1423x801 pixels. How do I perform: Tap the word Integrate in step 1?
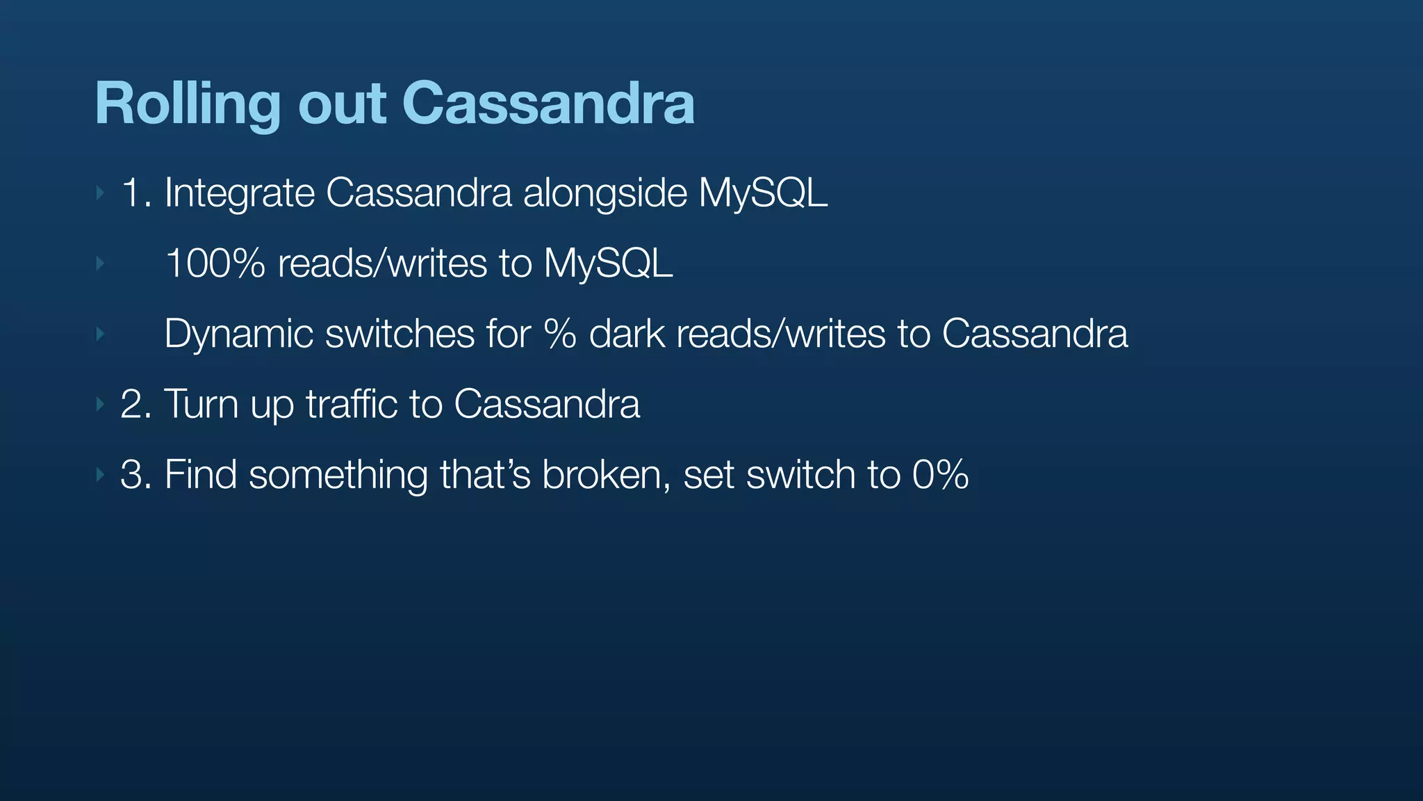tap(239, 193)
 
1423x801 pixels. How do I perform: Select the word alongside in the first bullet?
tap(604, 193)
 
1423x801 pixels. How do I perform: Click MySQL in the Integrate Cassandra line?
tap(763, 193)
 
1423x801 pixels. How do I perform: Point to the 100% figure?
tap(215, 264)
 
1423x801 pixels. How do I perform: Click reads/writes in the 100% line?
tap(382, 264)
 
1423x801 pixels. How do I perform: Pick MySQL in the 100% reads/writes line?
tap(608, 264)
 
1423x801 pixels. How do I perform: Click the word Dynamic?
tap(238, 334)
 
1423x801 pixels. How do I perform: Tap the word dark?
tap(627, 334)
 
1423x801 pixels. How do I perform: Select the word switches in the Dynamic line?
tap(400, 334)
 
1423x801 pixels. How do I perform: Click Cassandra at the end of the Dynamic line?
tap(1035, 334)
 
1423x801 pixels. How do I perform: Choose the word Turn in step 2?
tap(201, 405)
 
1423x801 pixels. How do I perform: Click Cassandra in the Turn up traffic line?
tap(546, 405)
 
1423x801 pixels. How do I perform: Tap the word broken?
tap(601, 476)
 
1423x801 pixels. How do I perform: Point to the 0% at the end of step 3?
tap(940, 476)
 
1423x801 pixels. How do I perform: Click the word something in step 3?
tap(338, 476)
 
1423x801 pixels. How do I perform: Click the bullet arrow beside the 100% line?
tap(100, 264)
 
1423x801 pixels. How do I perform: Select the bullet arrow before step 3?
tap(100, 475)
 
